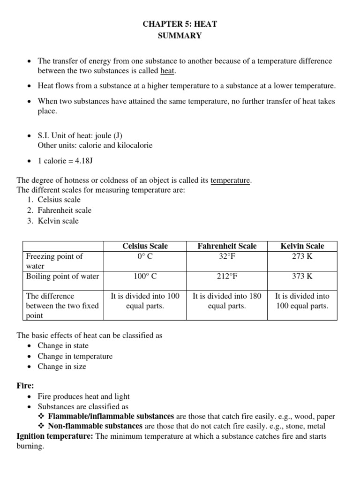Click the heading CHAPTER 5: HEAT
pyautogui.click(x=180, y=23)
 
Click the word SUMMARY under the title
pyautogui.click(x=180, y=36)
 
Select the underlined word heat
pyautogui.click(x=168, y=71)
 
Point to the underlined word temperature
pyautogui.click(x=231, y=180)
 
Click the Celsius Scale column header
pyautogui.click(x=145, y=246)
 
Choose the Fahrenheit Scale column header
pyautogui.click(x=227, y=246)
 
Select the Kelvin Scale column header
pyautogui.click(x=302, y=246)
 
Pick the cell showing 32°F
pyautogui.click(x=227, y=256)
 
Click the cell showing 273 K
pyautogui.click(x=302, y=256)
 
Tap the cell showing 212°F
pyautogui.click(x=227, y=276)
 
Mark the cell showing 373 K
pyautogui.click(x=302, y=276)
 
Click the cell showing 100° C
pyautogui.click(x=145, y=276)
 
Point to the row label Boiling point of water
pyautogui.click(x=62, y=276)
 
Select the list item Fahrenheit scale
pyautogui.click(x=65, y=210)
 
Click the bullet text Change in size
pyautogui.click(x=62, y=367)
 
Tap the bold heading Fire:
pyautogui.click(x=25, y=385)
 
